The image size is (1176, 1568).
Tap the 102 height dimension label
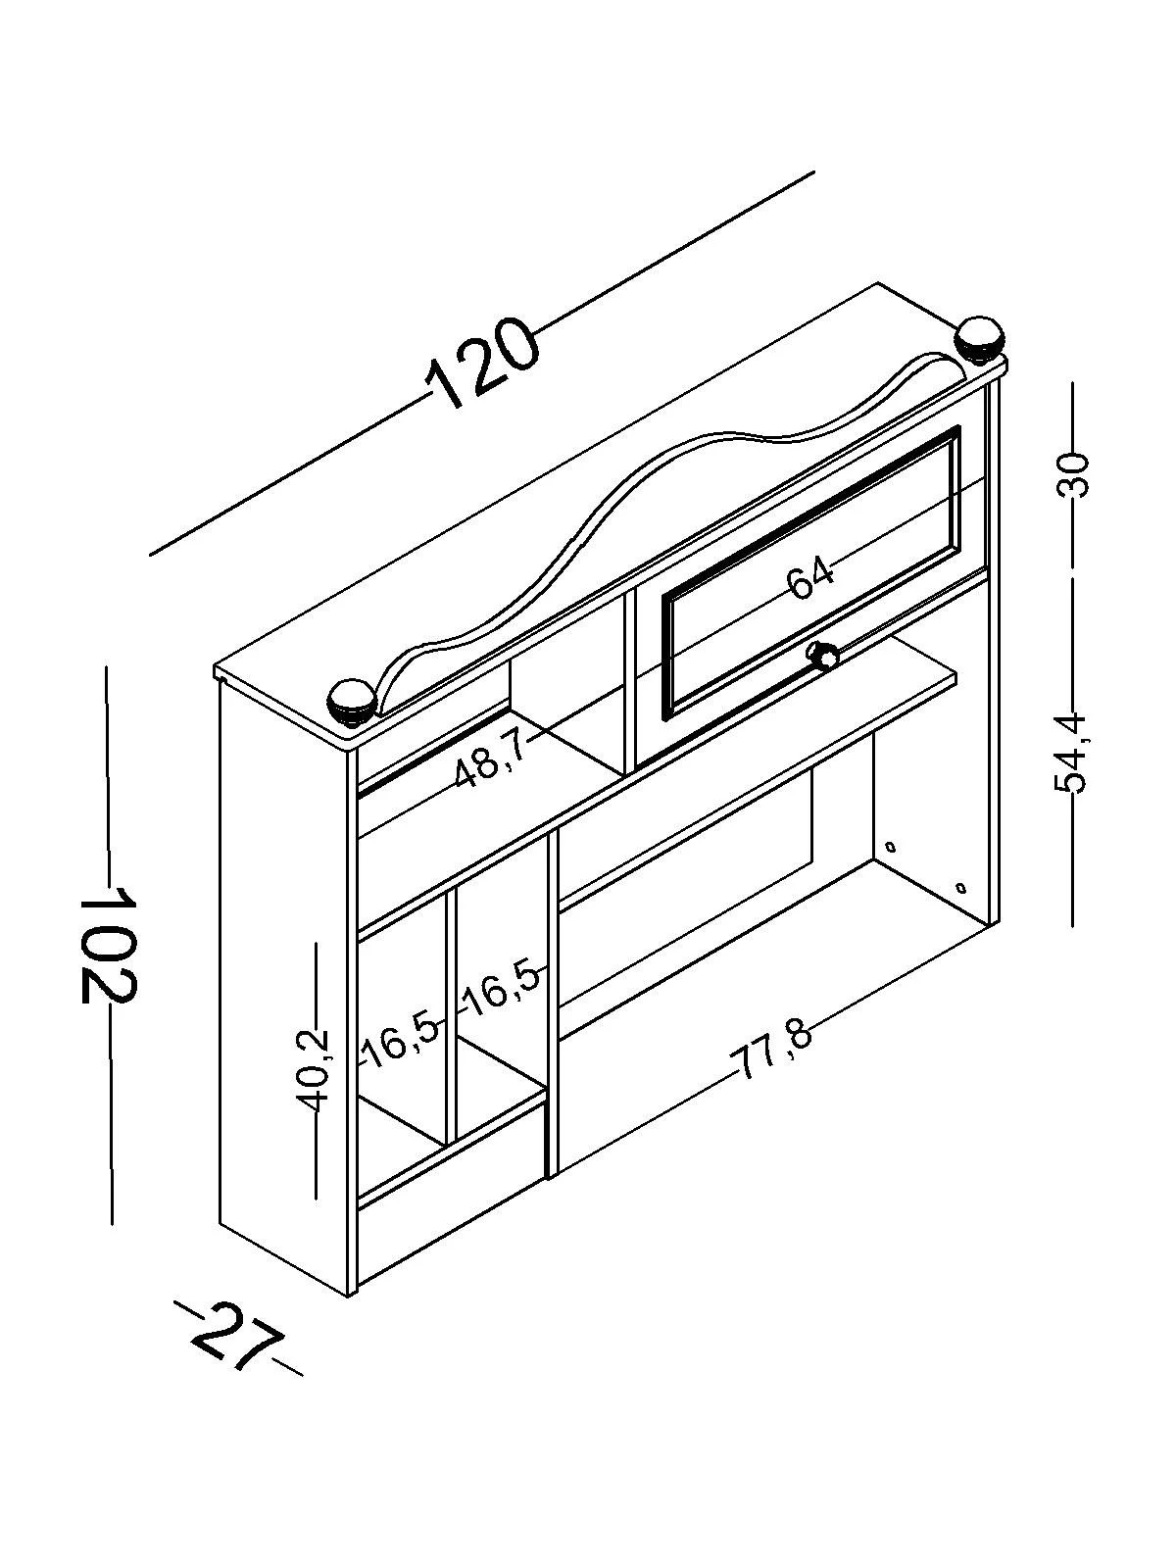pyautogui.click(x=107, y=943)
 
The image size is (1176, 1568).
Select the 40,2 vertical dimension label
pyautogui.click(x=316, y=1070)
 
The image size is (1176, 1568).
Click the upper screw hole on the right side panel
pyautogui.click(x=890, y=846)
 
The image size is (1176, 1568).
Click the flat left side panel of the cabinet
pyautogui.click(x=284, y=980)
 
